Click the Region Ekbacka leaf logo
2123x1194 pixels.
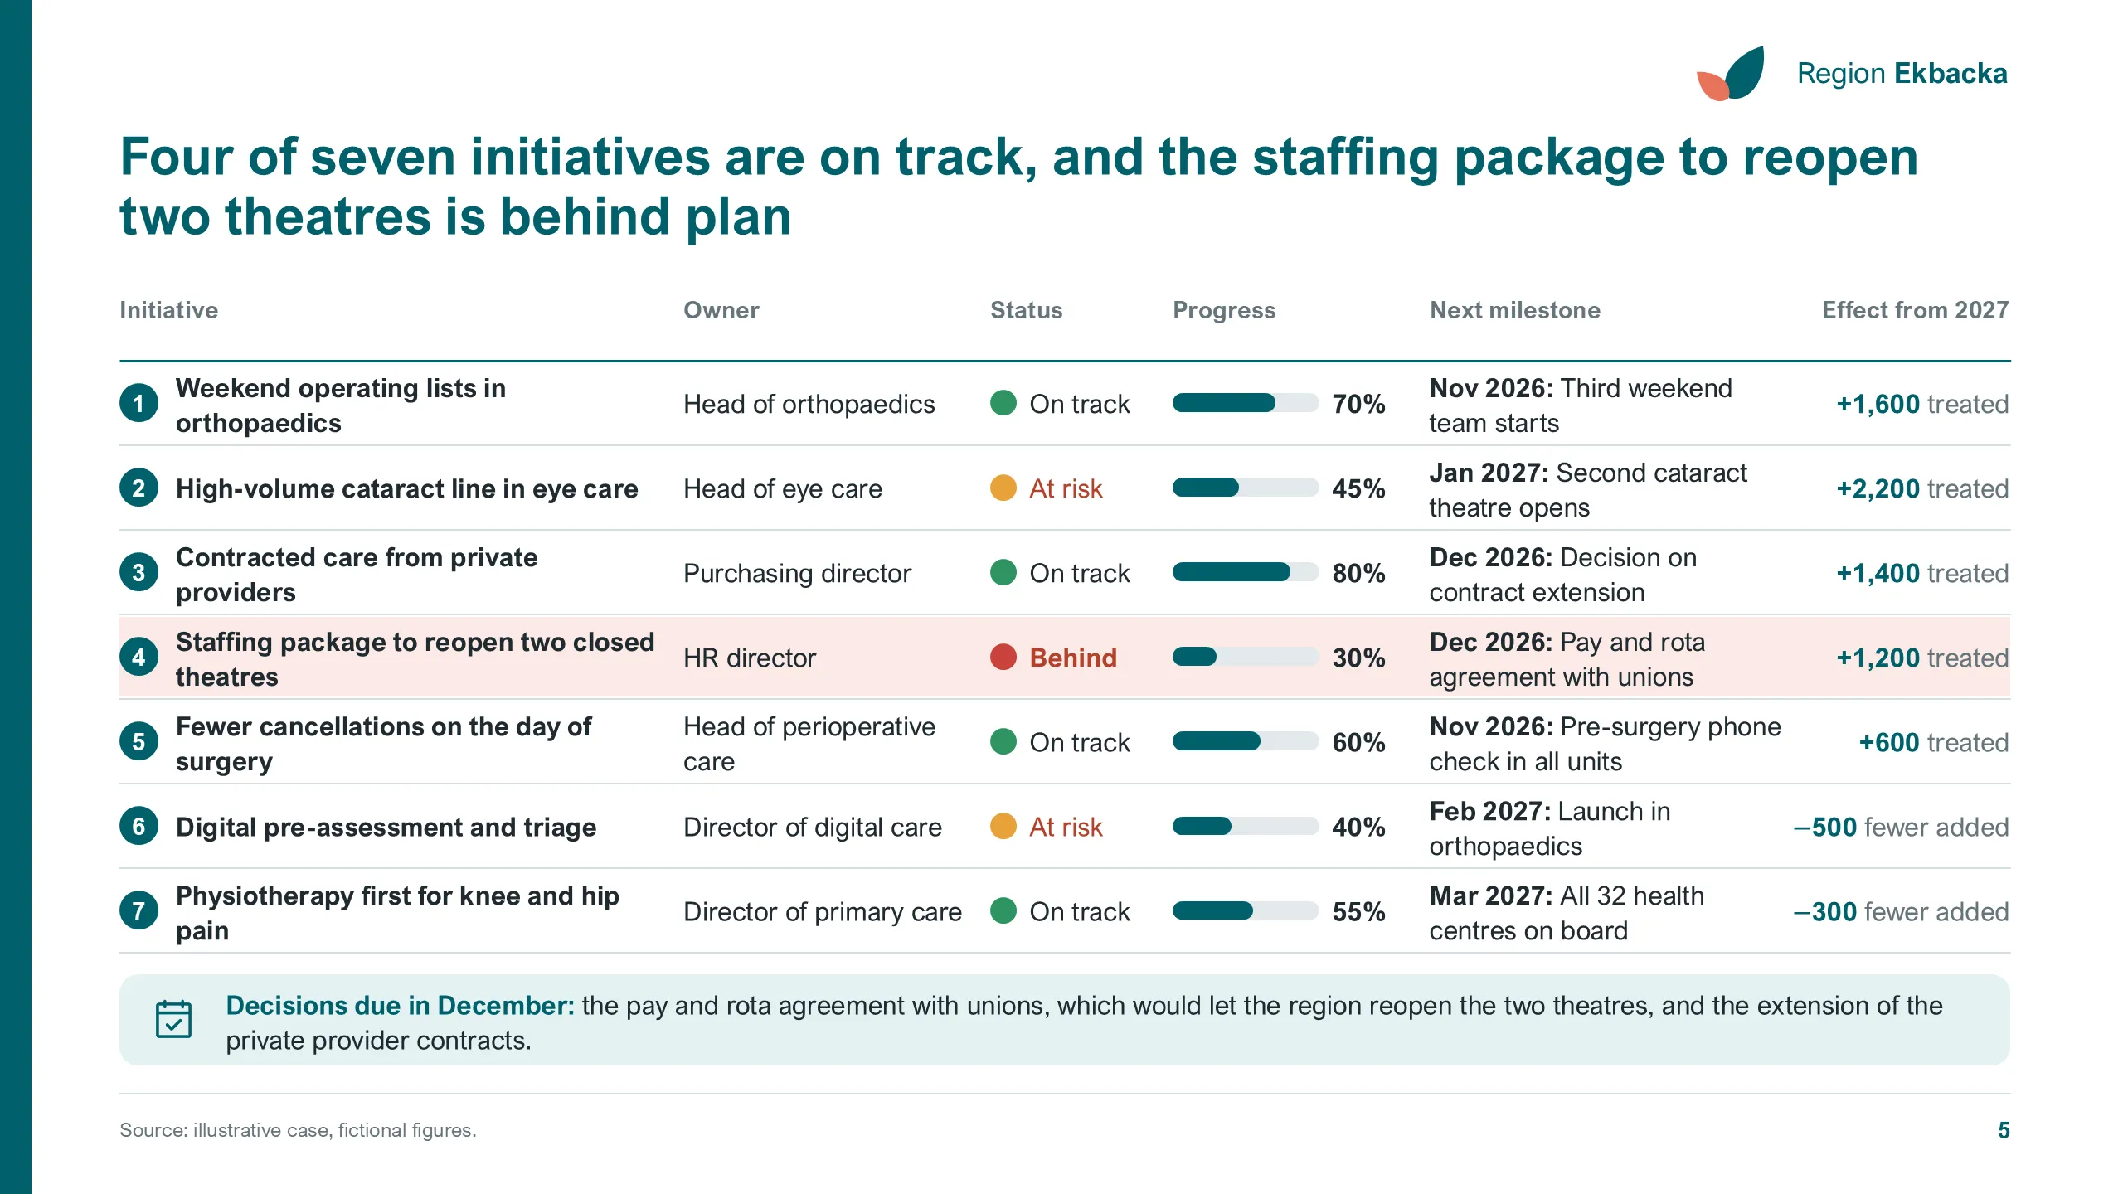[x=1731, y=74]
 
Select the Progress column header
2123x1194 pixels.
[x=1224, y=310]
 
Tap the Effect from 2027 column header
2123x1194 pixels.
[x=1915, y=310]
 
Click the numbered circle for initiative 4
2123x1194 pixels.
[x=139, y=658]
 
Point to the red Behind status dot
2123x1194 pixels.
[x=1003, y=658]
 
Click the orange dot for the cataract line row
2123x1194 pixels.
[x=1003, y=488]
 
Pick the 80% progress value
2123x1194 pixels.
[x=1358, y=573]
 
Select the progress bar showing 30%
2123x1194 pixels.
[x=1246, y=658]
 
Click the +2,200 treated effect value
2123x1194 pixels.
[x=1922, y=488]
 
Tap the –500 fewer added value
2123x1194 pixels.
[x=1901, y=827]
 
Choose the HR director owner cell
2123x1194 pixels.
[x=750, y=658]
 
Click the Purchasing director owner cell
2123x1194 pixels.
[x=797, y=573]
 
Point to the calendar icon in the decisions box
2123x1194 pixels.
[x=174, y=1019]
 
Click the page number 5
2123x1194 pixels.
[x=2004, y=1130]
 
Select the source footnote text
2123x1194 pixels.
[x=298, y=1130]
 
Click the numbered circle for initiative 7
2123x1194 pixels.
[x=139, y=911]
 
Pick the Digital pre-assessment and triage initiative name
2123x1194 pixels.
[x=386, y=827]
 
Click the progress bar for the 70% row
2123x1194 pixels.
[x=1246, y=404]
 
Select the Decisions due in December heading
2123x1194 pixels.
[x=400, y=1005]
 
